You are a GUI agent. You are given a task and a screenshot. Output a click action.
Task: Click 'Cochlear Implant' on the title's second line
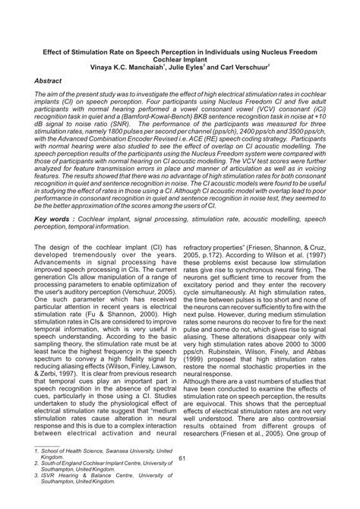click(180, 56)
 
